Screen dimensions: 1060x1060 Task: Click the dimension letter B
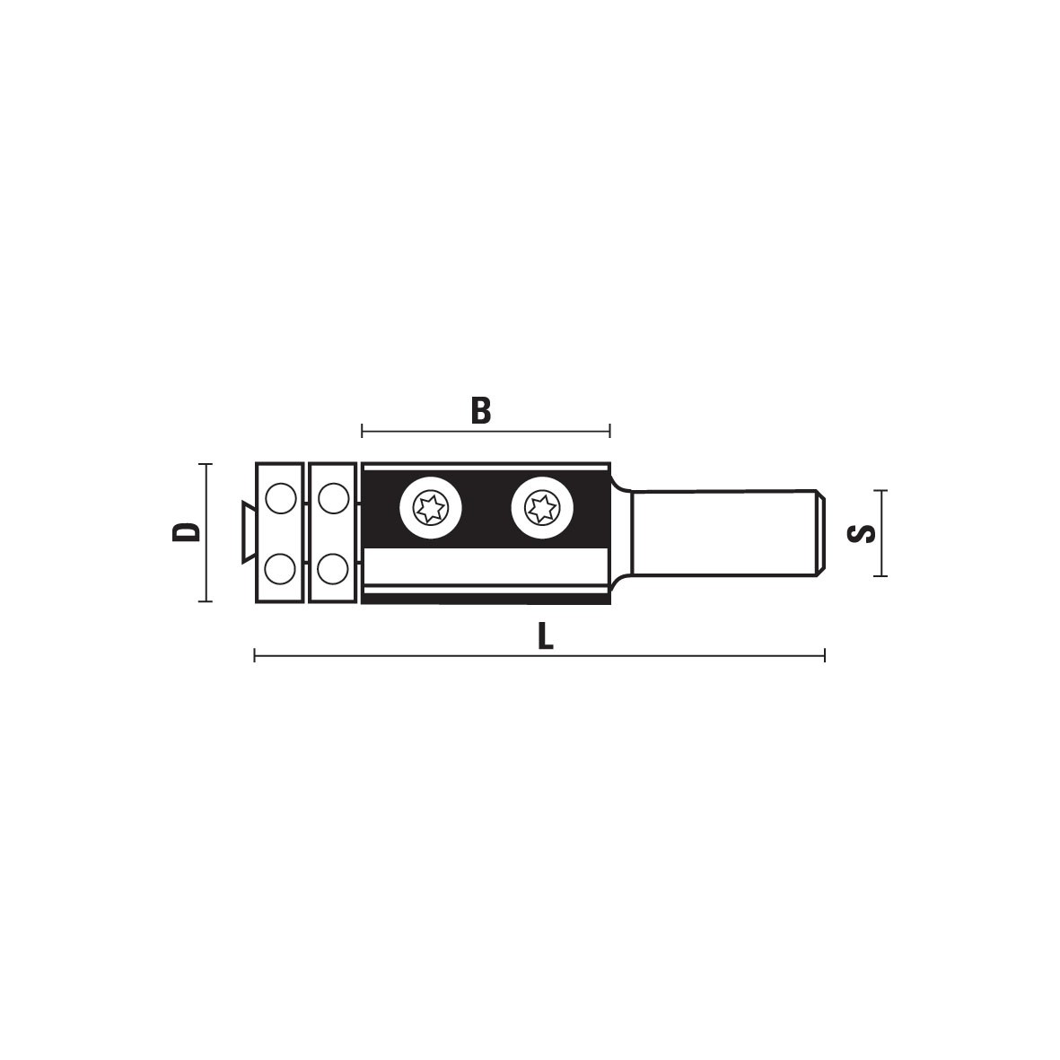[x=481, y=410]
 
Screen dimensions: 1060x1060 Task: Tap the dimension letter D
[x=187, y=532]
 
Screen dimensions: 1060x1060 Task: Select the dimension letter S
[x=861, y=533]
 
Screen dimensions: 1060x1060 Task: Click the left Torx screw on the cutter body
[x=431, y=508]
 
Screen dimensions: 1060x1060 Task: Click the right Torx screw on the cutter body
[x=542, y=508]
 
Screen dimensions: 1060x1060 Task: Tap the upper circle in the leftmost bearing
[x=281, y=499]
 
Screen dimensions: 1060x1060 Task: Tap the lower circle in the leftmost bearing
[x=280, y=568]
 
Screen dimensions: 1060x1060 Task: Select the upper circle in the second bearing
[x=333, y=499]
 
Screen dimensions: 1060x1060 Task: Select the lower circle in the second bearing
[x=332, y=568]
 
